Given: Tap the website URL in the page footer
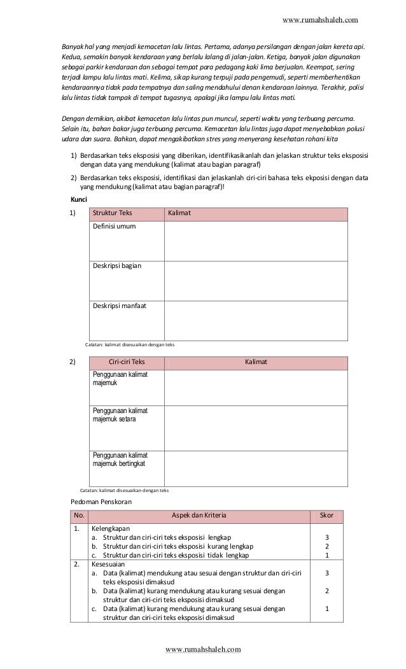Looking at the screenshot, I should (x=203, y=649).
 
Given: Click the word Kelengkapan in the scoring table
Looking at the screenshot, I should (x=109, y=528).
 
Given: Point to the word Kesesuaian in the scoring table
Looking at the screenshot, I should (x=108, y=564).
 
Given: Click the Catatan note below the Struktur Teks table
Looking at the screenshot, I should (x=130, y=344).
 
